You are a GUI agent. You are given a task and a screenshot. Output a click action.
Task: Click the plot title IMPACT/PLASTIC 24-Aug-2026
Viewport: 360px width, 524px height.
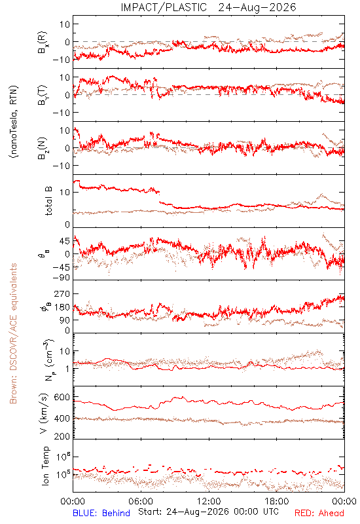[208, 7]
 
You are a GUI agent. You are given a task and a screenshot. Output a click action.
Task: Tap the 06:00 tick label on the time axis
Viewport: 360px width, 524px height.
[141, 501]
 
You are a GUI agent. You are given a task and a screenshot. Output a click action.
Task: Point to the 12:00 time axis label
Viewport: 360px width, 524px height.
[209, 501]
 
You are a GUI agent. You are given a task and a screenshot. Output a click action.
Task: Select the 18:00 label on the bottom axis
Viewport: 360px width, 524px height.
[277, 501]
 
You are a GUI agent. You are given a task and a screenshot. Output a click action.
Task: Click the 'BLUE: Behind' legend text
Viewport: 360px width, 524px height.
[101, 513]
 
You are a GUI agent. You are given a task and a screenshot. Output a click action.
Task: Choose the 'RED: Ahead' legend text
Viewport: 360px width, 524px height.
[319, 513]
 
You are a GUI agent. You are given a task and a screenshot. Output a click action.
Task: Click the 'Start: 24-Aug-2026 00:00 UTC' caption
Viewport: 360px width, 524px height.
[208, 512]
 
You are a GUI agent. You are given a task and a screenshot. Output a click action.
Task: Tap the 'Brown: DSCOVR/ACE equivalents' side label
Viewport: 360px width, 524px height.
[13, 333]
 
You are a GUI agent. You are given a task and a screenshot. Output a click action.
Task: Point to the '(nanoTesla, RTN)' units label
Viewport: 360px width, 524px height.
[14, 122]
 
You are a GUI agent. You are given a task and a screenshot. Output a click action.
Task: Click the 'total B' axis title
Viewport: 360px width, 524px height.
[48, 201]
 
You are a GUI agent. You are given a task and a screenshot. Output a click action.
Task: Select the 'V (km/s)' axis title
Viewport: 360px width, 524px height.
[45, 413]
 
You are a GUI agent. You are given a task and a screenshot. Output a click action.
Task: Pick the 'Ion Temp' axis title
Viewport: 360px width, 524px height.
[45, 466]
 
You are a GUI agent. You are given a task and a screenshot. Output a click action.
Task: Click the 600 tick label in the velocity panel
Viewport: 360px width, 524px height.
[62, 397]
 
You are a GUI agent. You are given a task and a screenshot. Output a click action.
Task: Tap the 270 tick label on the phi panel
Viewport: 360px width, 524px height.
[62, 293]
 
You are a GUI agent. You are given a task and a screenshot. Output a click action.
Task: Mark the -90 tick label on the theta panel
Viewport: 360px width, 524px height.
[61, 278]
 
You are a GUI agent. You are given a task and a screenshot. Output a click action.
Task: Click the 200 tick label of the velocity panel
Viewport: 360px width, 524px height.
[62, 436]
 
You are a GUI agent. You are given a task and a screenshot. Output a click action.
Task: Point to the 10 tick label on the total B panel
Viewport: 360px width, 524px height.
[65, 192]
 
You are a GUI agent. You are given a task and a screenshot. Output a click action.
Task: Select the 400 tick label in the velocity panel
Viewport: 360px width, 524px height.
[62, 419]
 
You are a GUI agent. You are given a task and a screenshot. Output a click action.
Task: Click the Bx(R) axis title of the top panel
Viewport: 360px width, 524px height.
[43, 43]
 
